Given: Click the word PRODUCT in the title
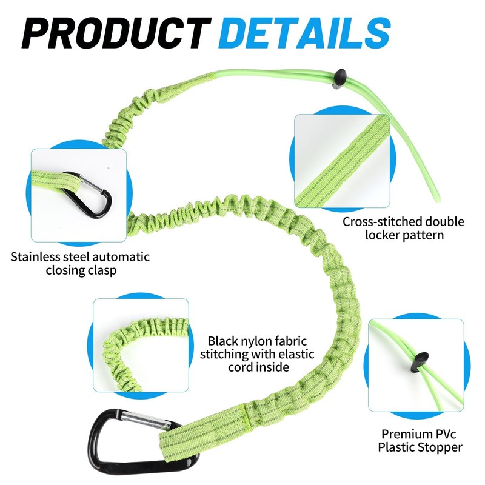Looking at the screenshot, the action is [x=116, y=33].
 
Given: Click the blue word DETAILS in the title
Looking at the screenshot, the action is [x=305, y=33].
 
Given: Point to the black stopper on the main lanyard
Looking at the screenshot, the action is [x=339, y=79].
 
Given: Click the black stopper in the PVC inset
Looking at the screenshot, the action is [x=420, y=362].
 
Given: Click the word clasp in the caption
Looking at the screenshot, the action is [x=102, y=270].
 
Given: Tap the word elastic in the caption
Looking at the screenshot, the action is [x=296, y=354].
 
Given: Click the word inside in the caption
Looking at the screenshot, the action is [x=272, y=367].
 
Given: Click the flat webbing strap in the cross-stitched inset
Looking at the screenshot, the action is [x=342, y=161].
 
